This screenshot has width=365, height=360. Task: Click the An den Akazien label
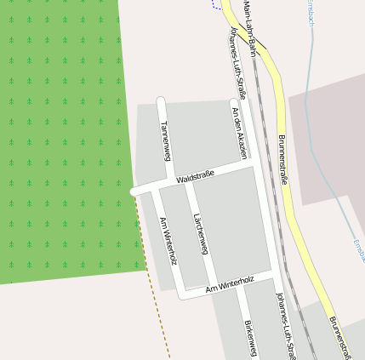coord(238,132)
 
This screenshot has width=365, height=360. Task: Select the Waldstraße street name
coord(195,177)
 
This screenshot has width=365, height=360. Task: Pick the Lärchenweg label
coord(200,232)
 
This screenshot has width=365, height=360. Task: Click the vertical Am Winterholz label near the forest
coord(168,240)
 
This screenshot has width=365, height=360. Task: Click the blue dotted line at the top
coord(216,5)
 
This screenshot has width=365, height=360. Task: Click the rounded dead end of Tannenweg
coord(160,101)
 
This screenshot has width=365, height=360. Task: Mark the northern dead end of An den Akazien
coord(234,104)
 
